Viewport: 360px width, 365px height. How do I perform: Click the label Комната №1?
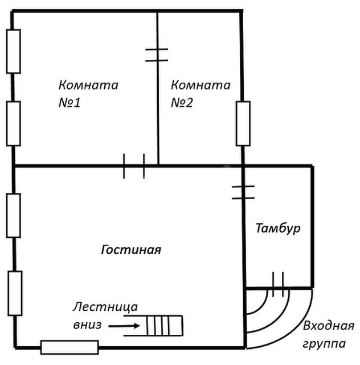tap(88, 94)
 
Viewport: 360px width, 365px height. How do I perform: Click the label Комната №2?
tap(201, 94)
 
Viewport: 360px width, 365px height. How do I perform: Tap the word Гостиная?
tap(131, 250)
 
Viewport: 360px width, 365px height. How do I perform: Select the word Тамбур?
tap(277, 229)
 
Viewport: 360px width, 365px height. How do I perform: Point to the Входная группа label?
tap(329, 335)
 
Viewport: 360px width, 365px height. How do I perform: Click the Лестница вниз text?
tap(105, 315)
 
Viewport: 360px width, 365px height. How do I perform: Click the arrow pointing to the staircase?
tap(123, 326)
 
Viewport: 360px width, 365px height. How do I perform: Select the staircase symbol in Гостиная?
tap(164, 326)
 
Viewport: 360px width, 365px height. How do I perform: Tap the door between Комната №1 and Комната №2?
tap(157, 55)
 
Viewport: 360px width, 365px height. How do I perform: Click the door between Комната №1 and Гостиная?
tap(134, 166)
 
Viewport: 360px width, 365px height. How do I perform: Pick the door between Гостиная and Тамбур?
tap(243, 192)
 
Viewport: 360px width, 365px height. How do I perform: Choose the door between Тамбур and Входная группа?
tap(278, 287)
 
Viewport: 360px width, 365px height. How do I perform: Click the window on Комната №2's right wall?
tap(243, 123)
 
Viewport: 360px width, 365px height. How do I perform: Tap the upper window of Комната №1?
tap(14, 51)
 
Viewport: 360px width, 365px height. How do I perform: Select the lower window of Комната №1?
tap(14, 123)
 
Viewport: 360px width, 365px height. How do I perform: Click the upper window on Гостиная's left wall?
tap(14, 215)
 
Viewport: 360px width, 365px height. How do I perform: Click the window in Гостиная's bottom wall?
tap(69, 347)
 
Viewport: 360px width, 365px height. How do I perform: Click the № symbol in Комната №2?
tap(179, 103)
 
